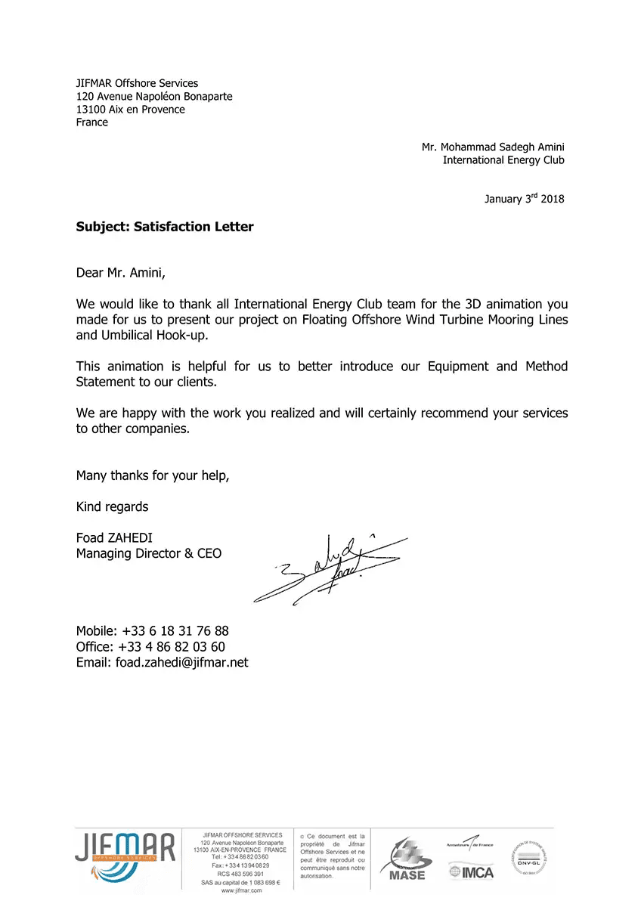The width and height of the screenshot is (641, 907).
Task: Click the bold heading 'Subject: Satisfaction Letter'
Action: [x=165, y=226]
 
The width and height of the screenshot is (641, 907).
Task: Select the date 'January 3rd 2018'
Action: [x=524, y=199]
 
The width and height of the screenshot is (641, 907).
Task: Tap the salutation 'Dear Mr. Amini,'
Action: [x=119, y=272]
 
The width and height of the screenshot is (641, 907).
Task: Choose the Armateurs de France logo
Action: [x=470, y=842]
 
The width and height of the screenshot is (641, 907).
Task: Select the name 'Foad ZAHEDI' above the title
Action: [x=114, y=538]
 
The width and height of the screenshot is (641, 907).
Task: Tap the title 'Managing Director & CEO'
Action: [x=149, y=553]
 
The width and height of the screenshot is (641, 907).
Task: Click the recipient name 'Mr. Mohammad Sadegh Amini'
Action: [x=493, y=147]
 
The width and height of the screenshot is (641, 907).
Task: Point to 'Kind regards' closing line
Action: [x=113, y=506]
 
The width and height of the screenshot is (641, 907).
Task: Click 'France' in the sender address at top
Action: [x=92, y=122]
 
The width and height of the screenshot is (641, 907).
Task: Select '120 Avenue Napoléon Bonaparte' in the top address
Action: [x=154, y=96]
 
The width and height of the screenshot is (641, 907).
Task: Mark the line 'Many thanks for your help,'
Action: [x=153, y=475]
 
